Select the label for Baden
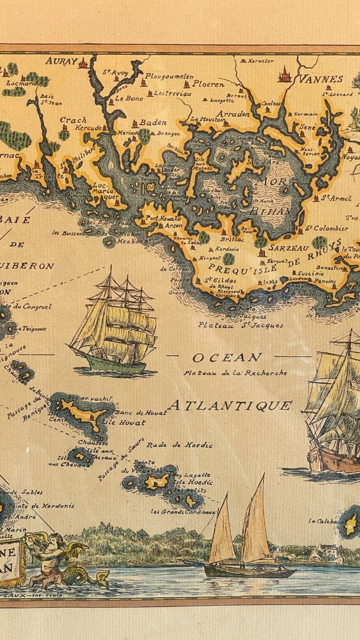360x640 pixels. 154,122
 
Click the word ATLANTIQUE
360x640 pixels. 230,405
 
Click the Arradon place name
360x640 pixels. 215,113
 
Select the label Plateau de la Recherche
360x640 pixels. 235,372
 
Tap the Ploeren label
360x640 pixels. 209,84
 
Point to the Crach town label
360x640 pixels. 73,119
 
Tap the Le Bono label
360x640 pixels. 129,99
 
